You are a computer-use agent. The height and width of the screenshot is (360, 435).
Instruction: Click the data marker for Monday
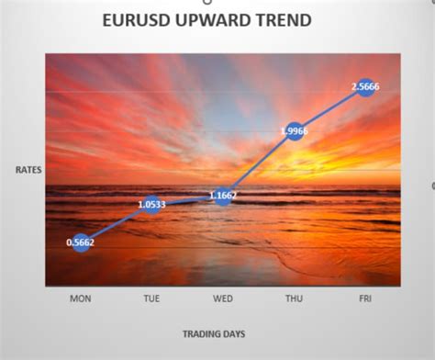pyautogui.click(x=81, y=242)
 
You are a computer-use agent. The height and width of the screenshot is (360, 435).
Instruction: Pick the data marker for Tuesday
pyautogui.click(x=151, y=204)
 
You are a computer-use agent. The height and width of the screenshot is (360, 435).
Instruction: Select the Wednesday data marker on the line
pyautogui.click(x=223, y=196)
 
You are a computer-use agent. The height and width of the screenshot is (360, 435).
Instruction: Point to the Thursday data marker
pyautogui.click(x=294, y=131)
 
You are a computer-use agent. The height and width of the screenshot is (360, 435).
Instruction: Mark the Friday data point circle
pyautogui.click(x=364, y=86)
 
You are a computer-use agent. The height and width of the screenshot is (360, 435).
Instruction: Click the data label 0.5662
pyautogui.click(x=81, y=242)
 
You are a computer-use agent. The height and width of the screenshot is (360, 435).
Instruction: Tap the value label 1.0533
pyautogui.click(x=151, y=204)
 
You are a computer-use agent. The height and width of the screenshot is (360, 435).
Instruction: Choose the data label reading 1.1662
pyautogui.click(x=223, y=196)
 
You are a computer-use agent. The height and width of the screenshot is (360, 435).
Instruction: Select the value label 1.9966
pyautogui.click(x=294, y=131)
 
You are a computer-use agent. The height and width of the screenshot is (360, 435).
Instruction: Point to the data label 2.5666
pyautogui.click(x=364, y=86)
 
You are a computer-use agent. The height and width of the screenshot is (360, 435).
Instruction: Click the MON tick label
pyautogui.click(x=81, y=298)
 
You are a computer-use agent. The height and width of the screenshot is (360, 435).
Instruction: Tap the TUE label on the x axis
pyautogui.click(x=151, y=298)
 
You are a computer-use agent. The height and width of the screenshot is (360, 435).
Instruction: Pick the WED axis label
pyautogui.click(x=222, y=298)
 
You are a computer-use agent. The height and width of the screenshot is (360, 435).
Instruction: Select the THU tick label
pyautogui.click(x=294, y=298)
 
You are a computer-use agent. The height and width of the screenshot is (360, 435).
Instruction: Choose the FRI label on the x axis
pyautogui.click(x=364, y=298)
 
